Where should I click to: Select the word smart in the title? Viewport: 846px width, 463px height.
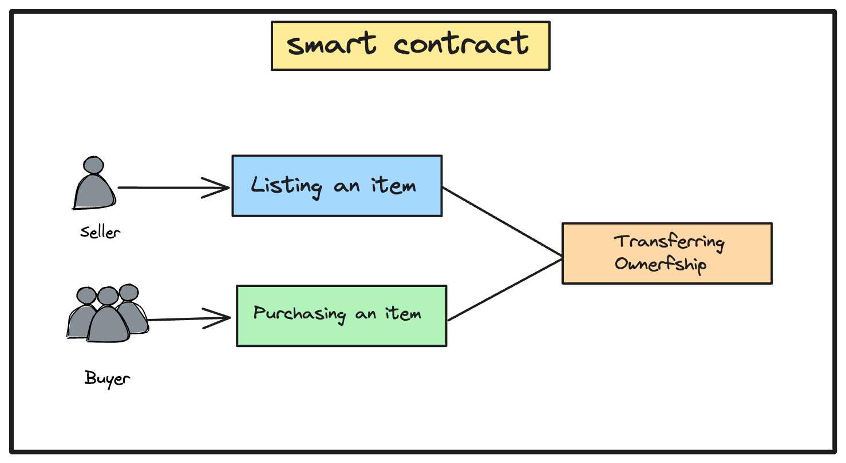(x=331, y=45)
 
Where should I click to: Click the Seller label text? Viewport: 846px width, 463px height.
(x=101, y=232)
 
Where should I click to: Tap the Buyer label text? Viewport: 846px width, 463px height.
(x=107, y=378)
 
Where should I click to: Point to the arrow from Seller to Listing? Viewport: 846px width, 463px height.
(x=172, y=187)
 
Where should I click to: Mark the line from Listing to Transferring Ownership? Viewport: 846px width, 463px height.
(x=502, y=221)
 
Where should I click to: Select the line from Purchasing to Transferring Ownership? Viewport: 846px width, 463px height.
(x=504, y=290)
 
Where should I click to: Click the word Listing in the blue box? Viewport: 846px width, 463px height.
(x=286, y=186)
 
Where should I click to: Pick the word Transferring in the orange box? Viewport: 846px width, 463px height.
(x=669, y=242)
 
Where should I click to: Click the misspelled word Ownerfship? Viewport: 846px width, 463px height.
(x=660, y=265)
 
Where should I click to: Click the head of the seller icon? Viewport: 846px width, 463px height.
(x=93, y=165)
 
